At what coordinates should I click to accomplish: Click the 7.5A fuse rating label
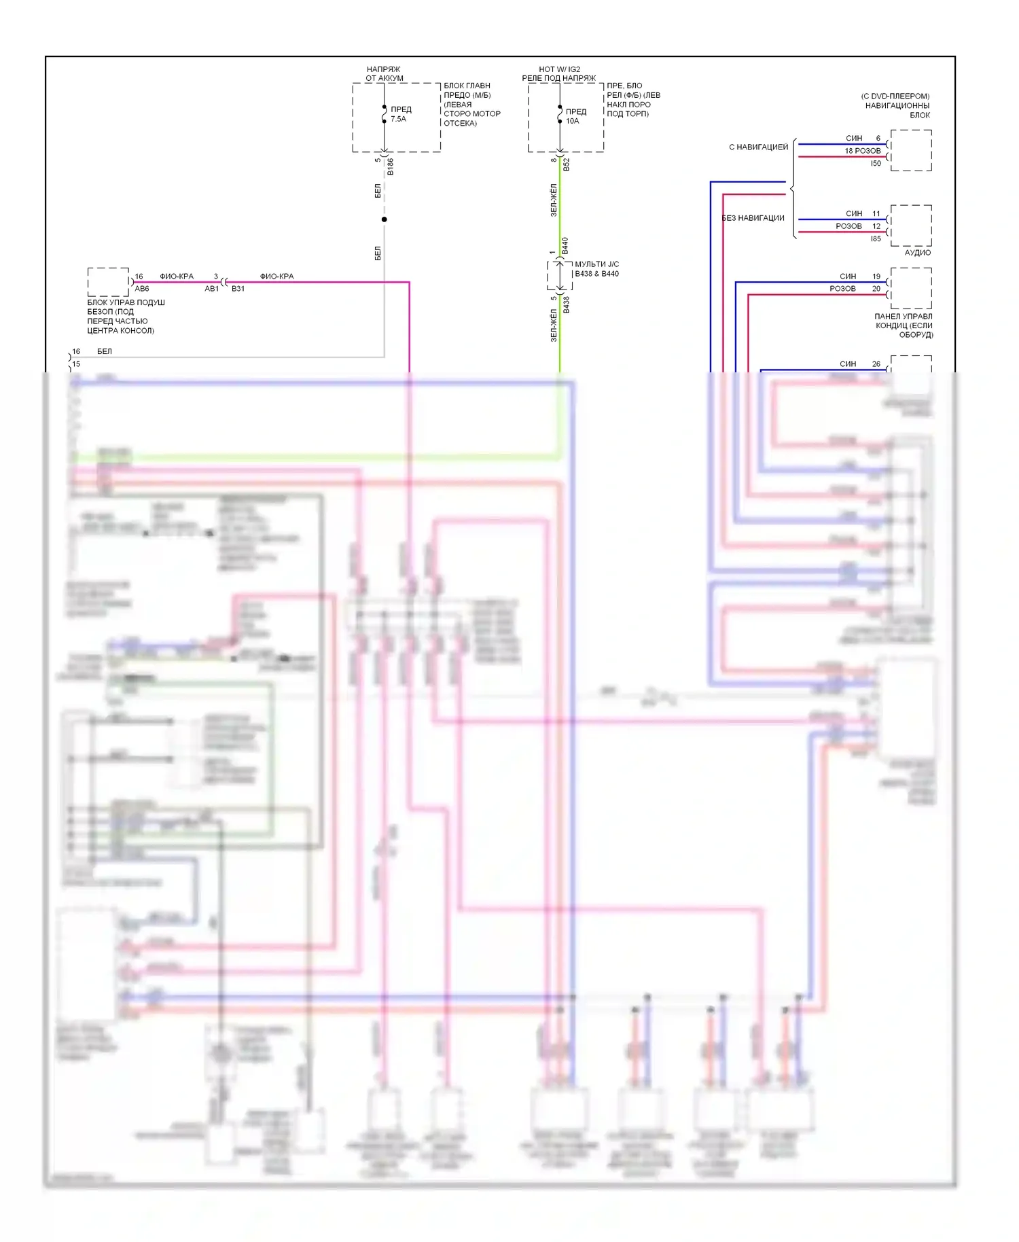pos(398,119)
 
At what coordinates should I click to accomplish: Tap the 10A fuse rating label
pos(573,121)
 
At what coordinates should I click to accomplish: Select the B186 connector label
pos(391,167)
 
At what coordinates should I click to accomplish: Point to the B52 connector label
pos(567,164)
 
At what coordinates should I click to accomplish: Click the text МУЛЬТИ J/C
pos(596,264)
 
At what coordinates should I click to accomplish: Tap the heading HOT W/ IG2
pos(559,69)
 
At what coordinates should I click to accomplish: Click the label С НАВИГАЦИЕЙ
pos(758,147)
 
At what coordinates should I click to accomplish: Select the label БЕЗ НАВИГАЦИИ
pos(753,218)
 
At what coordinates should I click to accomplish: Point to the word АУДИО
pos(917,253)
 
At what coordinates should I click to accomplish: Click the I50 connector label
pos(876,163)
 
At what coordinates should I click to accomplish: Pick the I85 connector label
pos(876,238)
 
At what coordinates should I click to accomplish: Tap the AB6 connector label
pos(142,289)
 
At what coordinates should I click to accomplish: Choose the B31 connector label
pos(238,289)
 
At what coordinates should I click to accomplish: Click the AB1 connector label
pos(212,289)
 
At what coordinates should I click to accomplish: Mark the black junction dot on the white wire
pos(385,219)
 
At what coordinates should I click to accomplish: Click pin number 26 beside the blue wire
pos(876,363)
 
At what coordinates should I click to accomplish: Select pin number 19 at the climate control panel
pos(876,277)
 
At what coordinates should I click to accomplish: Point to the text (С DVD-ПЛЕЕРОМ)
pos(895,96)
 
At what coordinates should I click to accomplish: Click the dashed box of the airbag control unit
pos(108,282)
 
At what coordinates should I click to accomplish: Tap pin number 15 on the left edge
pos(76,364)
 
